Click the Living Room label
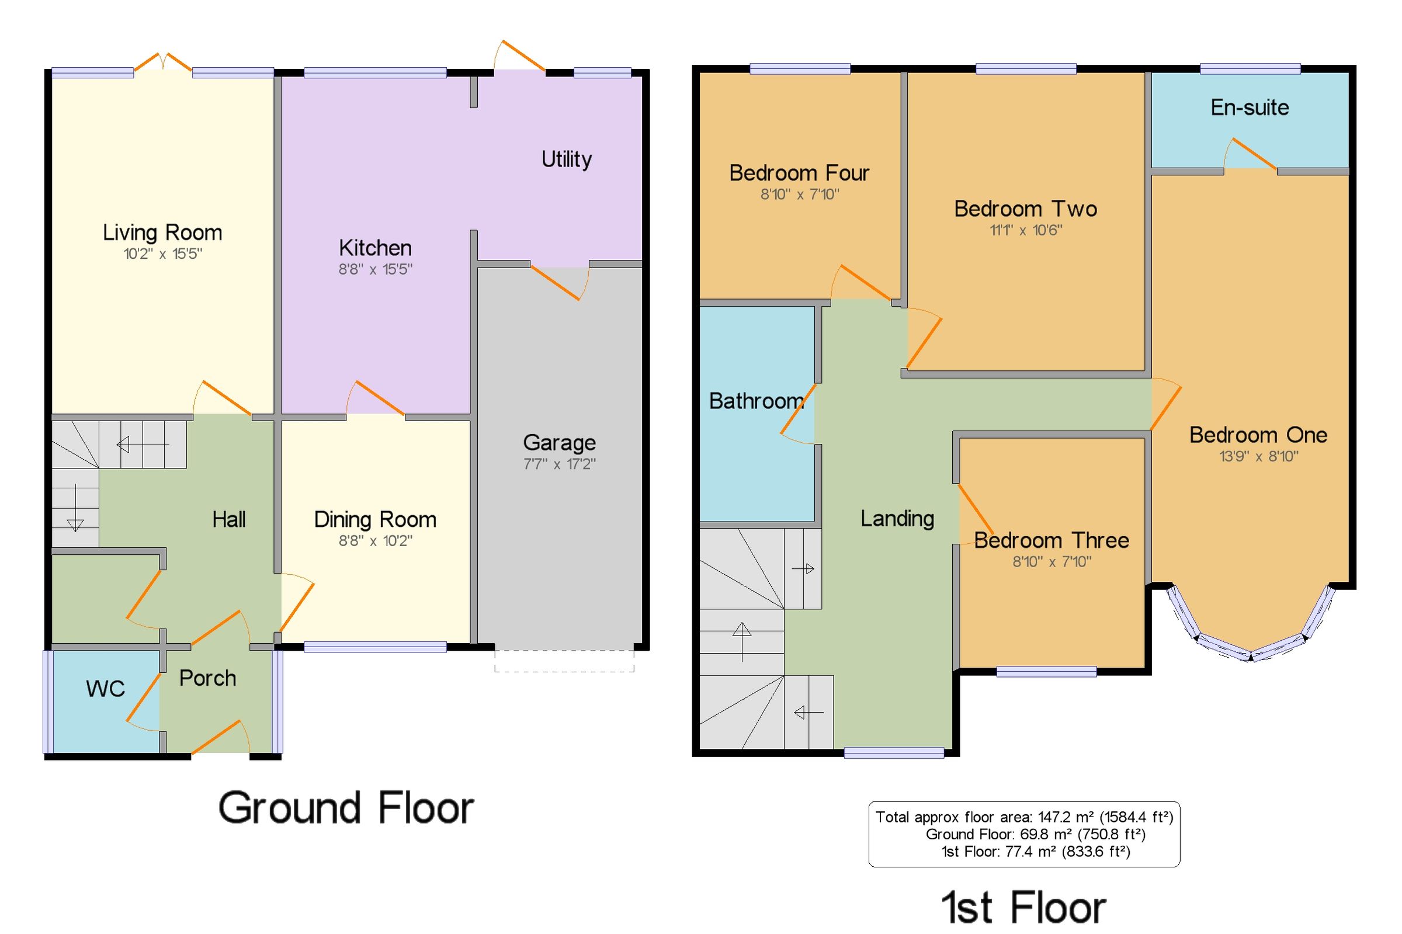tap(162, 232)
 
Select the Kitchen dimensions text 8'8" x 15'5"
tap(375, 269)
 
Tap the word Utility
tap(567, 159)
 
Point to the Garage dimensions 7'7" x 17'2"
tap(559, 464)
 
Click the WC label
tap(105, 689)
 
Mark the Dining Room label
tap(375, 519)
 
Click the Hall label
tap(229, 519)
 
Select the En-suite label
tap(1250, 107)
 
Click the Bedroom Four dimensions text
tap(799, 194)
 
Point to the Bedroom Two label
tap(1025, 209)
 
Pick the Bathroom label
tap(756, 401)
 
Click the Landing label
tap(897, 519)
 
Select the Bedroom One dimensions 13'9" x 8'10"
tap(1258, 456)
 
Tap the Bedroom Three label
tap(1051, 540)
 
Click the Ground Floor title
tap(346, 808)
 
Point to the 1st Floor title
tap(1023, 907)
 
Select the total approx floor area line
tap(1024, 817)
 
